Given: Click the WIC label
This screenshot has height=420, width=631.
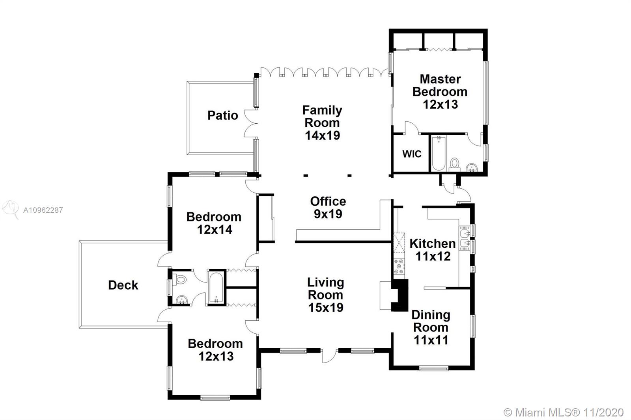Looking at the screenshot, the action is pos(412,154).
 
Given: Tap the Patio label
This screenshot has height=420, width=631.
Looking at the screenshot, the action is pos(222,115).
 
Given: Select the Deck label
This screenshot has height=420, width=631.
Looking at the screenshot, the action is pos(123,285).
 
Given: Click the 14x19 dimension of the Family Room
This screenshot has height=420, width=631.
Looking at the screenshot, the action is pos(323,136).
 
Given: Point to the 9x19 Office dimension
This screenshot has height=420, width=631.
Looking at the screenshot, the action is pos(328,214).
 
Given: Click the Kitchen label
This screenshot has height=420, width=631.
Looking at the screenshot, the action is pos(432,243).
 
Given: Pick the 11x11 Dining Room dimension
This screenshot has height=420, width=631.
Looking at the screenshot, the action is pos(431,340).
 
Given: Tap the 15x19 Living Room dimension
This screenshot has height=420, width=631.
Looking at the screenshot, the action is pos(326,307).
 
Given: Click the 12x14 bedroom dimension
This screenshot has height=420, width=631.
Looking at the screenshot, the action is pos(215,230).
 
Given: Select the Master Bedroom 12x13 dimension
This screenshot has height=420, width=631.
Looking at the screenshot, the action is pos(440,104).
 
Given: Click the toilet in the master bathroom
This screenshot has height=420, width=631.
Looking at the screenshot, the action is pos(454,165).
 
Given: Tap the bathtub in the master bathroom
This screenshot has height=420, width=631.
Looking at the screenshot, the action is pos(439,153).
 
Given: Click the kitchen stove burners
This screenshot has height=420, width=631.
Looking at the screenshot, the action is pos(399,266).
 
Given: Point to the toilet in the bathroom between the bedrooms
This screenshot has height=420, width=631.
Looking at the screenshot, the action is pos(180,279).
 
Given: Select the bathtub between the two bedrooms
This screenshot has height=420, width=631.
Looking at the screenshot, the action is pos(216,288).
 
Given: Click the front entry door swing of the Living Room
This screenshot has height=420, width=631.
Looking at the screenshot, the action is pos(329,356).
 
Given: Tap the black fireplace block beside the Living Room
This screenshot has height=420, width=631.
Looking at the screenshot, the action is pos(400,295).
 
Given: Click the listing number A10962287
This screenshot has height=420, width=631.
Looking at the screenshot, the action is pos(43,210).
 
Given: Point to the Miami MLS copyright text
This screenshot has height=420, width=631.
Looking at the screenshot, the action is pos(564,413).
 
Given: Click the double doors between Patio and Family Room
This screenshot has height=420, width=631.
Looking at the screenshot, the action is pos(251,123).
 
